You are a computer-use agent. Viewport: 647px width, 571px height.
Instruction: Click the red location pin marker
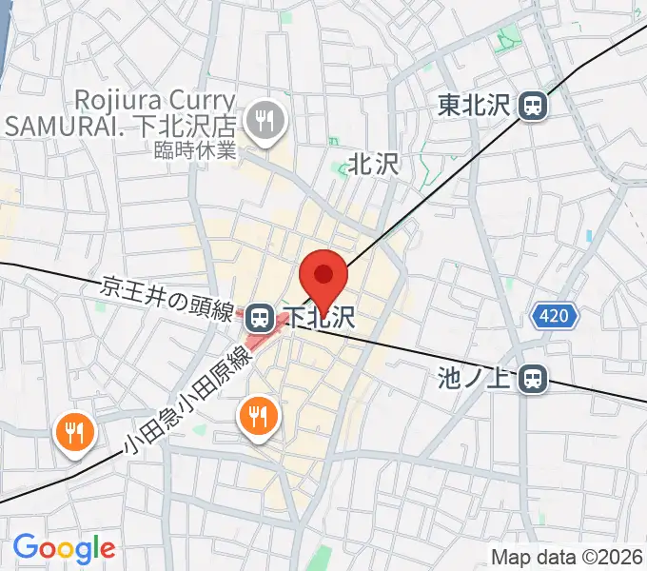coord(323,277)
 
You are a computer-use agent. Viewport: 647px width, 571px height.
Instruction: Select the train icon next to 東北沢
coord(535,106)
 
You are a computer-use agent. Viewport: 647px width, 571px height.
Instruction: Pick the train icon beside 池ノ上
coord(535,380)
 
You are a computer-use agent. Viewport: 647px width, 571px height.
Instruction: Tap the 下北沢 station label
coord(323,316)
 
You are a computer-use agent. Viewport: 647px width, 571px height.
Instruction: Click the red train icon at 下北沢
coord(259,316)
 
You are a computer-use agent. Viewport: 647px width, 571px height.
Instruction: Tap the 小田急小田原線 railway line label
coord(186,401)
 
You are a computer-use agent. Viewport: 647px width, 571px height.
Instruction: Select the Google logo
coord(64,548)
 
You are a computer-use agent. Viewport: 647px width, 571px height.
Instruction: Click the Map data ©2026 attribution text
coord(567,557)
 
